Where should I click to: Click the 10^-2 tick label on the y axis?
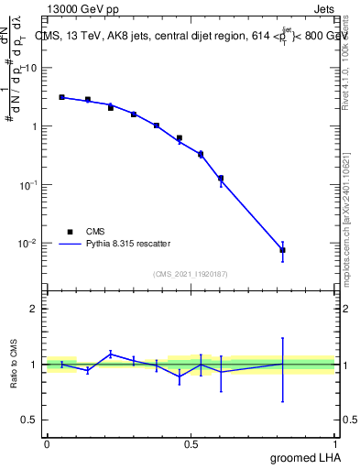[29, 244]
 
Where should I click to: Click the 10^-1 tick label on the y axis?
[29, 185]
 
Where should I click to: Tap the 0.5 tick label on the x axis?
[191, 444]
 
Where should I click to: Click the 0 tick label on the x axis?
[47, 444]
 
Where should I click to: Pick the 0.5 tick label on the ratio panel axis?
[30, 420]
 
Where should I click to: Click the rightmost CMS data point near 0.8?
[282, 250]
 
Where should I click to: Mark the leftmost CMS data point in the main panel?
[61, 97]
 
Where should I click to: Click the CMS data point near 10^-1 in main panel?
[221, 178]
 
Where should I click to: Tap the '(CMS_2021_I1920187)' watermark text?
[191, 274]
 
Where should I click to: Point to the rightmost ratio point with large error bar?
[282, 364]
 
